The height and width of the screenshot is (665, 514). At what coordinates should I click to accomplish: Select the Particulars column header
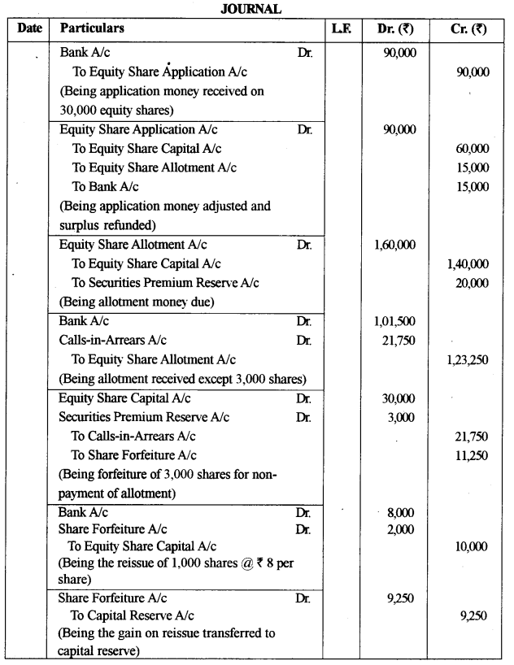[92, 28]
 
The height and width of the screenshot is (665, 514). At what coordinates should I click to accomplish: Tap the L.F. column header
[341, 28]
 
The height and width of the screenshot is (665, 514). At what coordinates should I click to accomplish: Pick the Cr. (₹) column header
[468, 28]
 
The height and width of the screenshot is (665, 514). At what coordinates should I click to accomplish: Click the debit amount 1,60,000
[394, 243]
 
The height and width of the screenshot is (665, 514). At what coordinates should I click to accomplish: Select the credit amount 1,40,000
[468, 263]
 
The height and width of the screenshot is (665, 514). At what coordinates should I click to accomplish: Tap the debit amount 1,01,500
[394, 321]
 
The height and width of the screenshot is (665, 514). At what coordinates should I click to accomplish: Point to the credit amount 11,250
[473, 455]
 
